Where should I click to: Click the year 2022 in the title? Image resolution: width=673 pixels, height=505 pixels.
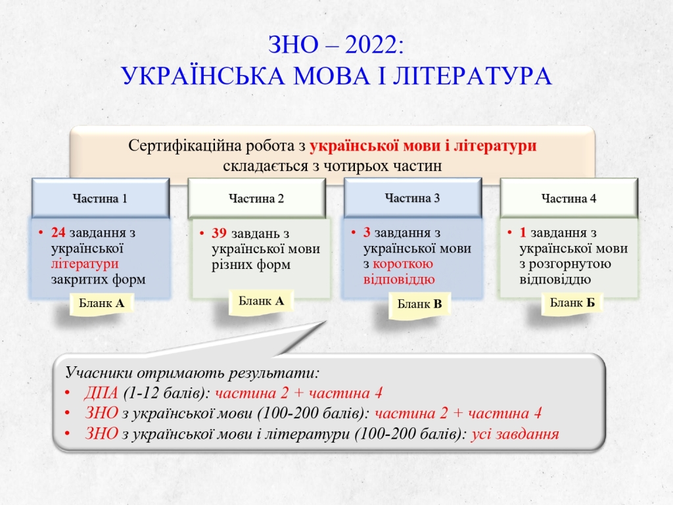click(371, 45)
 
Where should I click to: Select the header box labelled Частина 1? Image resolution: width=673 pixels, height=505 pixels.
click(101, 199)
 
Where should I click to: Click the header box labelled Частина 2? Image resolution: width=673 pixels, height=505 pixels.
click(257, 199)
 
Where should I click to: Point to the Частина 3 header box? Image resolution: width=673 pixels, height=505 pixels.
click(413, 198)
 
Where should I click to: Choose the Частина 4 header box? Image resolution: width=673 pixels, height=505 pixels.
click(569, 199)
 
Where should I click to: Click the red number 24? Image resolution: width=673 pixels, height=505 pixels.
click(58, 232)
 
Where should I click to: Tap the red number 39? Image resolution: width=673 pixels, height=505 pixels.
click(218, 233)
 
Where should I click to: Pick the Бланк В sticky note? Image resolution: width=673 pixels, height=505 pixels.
click(419, 304)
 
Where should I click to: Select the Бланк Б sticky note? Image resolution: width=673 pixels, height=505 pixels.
click(572, 303)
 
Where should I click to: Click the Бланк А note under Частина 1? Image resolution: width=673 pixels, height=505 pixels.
click(102, 304)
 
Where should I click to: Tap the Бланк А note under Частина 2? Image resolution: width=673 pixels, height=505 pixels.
click(261, 301)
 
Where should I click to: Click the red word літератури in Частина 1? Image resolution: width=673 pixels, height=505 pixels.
click(85, 264)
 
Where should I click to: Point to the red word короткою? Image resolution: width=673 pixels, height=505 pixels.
click(403, 264)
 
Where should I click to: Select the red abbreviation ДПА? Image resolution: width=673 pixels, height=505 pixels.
click(101, 393)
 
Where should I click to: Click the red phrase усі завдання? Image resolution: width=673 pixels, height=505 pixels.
click(515, 434)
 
